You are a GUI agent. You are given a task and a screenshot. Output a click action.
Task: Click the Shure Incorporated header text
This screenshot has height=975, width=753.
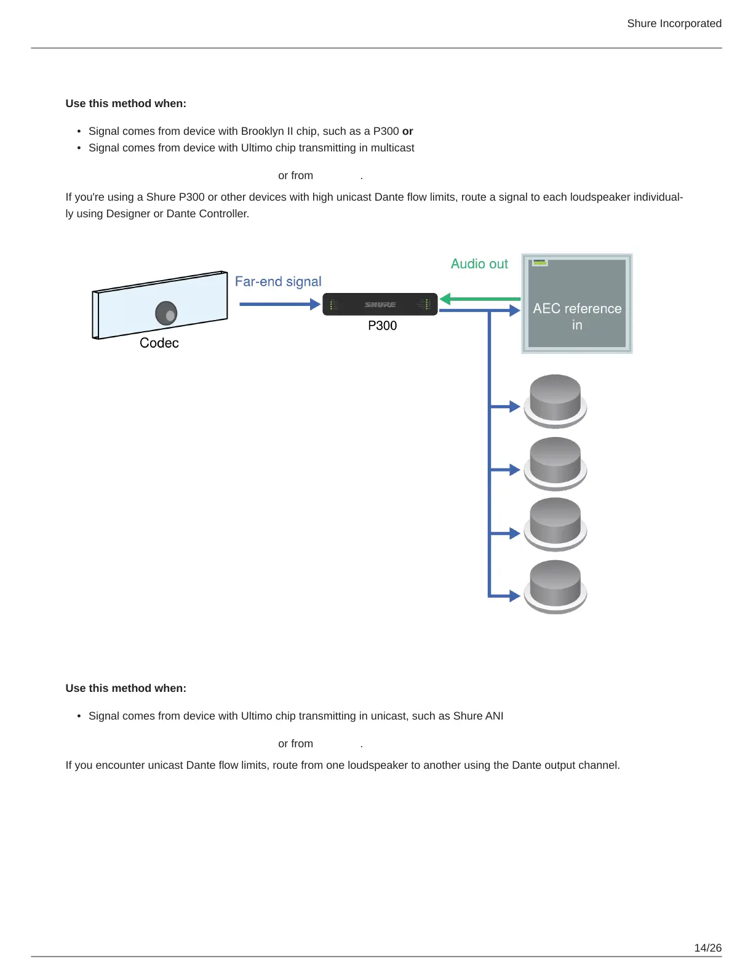[x=674, y=23]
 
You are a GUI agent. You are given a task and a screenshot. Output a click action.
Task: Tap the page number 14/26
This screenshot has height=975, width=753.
[x=707, y=948]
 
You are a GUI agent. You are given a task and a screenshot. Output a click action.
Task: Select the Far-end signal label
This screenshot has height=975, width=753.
[x=278, y=281]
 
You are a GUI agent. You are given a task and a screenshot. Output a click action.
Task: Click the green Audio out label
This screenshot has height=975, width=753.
[x=479, y=264]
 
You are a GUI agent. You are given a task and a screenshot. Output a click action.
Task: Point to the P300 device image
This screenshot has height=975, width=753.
[x=380, y=304]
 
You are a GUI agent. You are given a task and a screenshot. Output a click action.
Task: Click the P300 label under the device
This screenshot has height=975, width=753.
[x=382, y=326]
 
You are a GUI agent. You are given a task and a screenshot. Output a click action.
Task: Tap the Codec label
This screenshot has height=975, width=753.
[x=159, y=343]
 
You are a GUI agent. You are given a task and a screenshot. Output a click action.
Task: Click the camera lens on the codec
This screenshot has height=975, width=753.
[x=166, y=313]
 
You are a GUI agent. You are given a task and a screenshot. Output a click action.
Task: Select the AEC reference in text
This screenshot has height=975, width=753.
[x=577, y=316]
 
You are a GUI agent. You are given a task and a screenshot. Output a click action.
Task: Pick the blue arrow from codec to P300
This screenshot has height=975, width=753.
[x=279, y=304]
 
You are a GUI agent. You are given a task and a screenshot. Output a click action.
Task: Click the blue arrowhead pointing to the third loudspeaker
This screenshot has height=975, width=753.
[x=514, y=533]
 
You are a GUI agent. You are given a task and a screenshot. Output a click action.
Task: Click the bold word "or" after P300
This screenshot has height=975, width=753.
[x=407, y=131]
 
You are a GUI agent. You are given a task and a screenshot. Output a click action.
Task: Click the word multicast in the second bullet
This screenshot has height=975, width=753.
[x=391, y=148]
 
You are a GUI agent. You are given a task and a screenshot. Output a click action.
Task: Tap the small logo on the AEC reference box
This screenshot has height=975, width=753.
[x=540, y=262]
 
